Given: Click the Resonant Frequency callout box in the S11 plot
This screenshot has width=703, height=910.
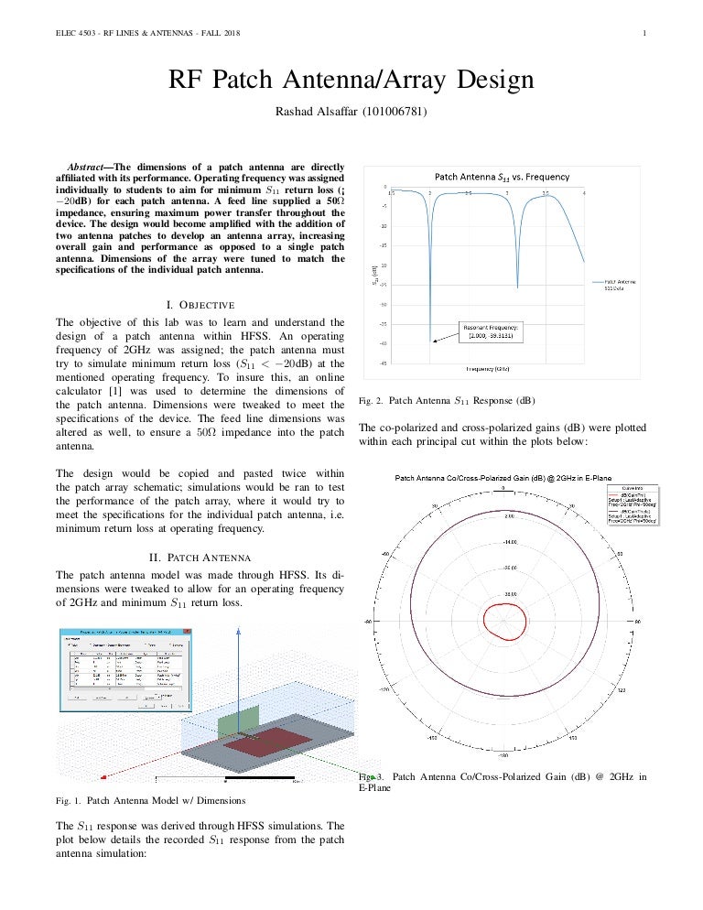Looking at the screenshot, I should [492, 331].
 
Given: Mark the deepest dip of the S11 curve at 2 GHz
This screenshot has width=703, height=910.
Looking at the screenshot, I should [430, 337].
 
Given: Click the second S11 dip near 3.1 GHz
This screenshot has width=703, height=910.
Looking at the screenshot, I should [517, 287].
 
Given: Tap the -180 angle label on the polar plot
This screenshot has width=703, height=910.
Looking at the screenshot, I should [503, 756].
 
